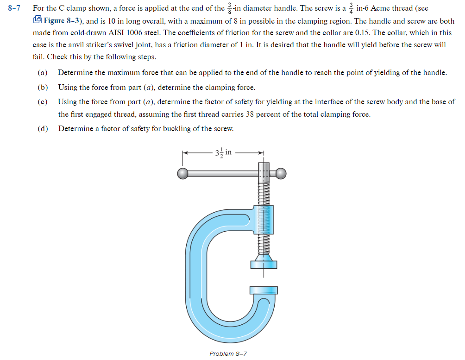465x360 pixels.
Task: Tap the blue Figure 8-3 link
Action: pyautogui.click(x=63, y=21)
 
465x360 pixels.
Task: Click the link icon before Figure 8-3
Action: pyautogui.click(x=38, y=20)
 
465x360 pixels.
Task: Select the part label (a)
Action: pyautogui.click(x=43, y=73)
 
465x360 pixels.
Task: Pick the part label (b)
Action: pyautogui.click(x=43, y=87)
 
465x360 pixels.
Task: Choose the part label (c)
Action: pyautogui.click(x=43, y=101)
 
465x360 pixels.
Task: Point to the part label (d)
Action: pyautogui.click(x=43, y=128)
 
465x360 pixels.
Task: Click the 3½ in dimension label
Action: pyautogui.click(x=225, y=152)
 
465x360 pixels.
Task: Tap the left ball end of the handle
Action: pyautogui.click(x=183, y=174)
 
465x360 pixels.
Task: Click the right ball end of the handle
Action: pyautogui.click(x=281, y=174)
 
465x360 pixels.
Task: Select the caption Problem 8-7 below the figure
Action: pyautogui.click(x=228, y=354)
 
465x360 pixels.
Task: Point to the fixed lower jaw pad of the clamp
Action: pyautogui.click(x=264, y=290)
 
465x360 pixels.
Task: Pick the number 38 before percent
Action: pyautogui.click(x=250, y=114)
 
